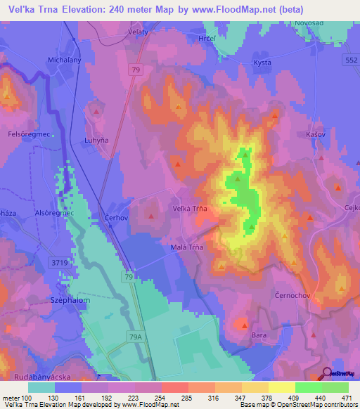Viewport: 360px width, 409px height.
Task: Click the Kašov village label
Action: pyautogui.click(x=318, y=134)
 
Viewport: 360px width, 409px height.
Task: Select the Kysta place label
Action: pyautogui.click(x=262, y=63)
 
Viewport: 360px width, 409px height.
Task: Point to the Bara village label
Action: pyautogui.click(x=259, y=336)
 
